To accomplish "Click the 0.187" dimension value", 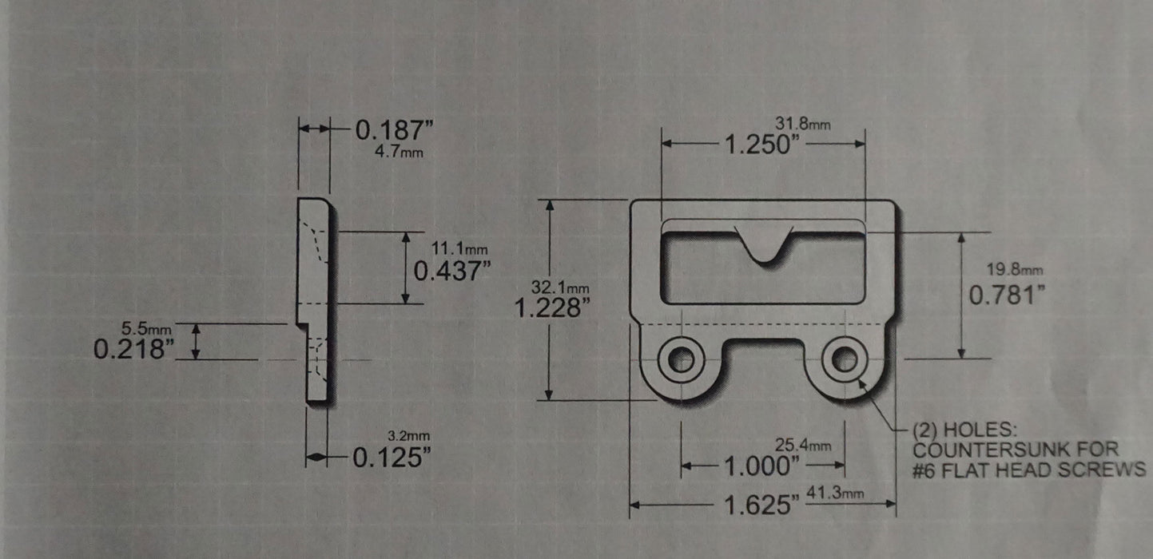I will [393, 129].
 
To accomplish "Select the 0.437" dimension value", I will [451, 271].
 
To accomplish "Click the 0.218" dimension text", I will [133, 348].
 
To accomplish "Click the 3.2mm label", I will [408, 436].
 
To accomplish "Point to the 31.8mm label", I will [802, 123].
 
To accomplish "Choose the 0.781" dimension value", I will [1007, 295].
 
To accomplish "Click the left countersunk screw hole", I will [681, 359].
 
